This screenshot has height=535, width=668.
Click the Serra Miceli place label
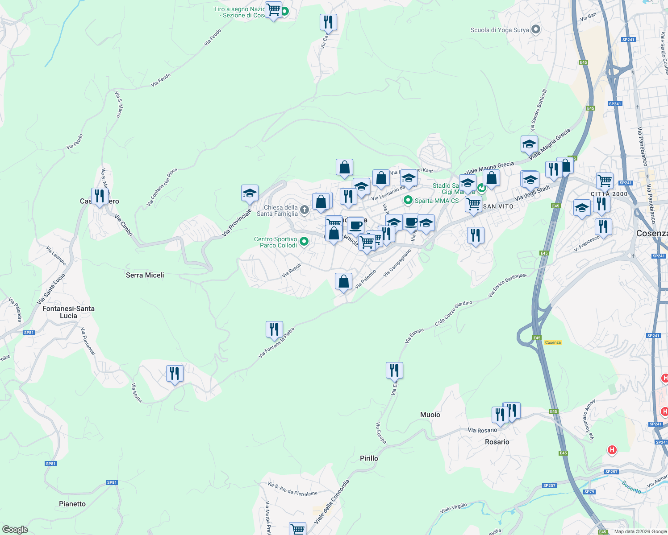[145, 275]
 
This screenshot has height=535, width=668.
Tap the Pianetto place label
[72, 504]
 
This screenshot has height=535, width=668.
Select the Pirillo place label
[369, 458]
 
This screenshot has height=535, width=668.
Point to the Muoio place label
[430, 415]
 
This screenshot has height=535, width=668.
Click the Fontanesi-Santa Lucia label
[68, 312]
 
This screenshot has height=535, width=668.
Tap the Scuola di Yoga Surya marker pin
[536, 30]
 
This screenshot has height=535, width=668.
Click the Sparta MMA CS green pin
[408, 201]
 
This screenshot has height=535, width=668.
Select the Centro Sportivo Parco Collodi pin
[304, 242]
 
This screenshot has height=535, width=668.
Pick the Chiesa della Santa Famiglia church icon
[305, 210]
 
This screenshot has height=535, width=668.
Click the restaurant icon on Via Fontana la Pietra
[274, 329]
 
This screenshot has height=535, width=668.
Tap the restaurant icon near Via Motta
[175, 373]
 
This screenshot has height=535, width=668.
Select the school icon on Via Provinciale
[250, 193]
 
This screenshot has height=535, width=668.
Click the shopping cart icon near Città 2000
[605, 181]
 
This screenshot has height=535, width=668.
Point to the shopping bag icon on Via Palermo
[343, 281]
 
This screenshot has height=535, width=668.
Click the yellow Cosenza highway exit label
[553, 342]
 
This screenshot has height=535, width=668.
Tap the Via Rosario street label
[482, 430]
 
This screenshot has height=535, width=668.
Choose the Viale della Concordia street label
[331, 502]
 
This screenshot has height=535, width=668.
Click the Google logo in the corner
[15, 530]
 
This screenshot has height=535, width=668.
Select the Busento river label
[631, 486]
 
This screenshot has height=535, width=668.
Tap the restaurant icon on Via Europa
[394, 370]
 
